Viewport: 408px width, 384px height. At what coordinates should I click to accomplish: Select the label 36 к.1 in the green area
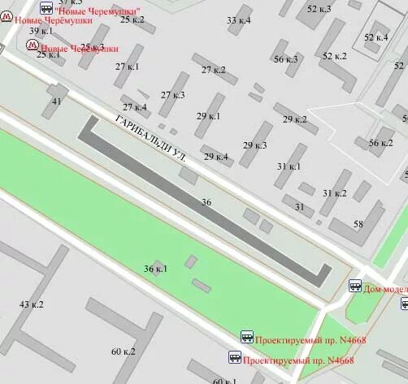pyautogui.click(x=155, y=269)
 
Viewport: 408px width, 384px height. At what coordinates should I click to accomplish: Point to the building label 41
pyautogui.click(x=56, y=101)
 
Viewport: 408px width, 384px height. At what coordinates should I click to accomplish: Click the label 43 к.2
pyautogui.click(x=31, y=304)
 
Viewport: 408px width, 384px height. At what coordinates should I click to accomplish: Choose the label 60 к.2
pyautogui.click(x=124, y=351)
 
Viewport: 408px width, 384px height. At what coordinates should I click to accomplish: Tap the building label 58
pyautogui.click(x=358, y=224)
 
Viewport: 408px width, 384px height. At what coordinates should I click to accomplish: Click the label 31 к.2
pyautogui.click(x=334, y=193)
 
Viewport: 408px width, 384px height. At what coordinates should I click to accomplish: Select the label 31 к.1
pyautogui.click(x=289, y=166)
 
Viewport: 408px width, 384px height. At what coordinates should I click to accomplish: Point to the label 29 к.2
pyautogui.click(x=294, y=119)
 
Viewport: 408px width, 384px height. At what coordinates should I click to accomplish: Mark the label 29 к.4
pyautogui.click(x=215, y=157)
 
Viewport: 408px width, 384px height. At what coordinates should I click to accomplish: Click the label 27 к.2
pyautogui.click(x=214, y=70)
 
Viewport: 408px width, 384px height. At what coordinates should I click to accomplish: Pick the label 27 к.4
pyautogui.click(x=135, y=107)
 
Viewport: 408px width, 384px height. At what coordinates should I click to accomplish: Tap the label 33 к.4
pyautogui.click(x=239, y=20)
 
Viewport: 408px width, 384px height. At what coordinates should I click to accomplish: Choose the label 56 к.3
pyautogui.click(x=285, y=59)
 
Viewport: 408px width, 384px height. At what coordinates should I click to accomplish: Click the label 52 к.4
pyautogui.click(x=376, y=37)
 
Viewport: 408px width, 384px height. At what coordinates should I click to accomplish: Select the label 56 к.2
pyautogui.click(x=380, y=143)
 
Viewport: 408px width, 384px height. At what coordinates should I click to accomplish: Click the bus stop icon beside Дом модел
pyautogui.click(x=355, y=287)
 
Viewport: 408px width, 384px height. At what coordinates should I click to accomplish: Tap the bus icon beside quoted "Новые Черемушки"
pyautogui.click(x=46, y=8)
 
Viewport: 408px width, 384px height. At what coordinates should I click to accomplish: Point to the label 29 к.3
pyautogui.click(x=254, y=146)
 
